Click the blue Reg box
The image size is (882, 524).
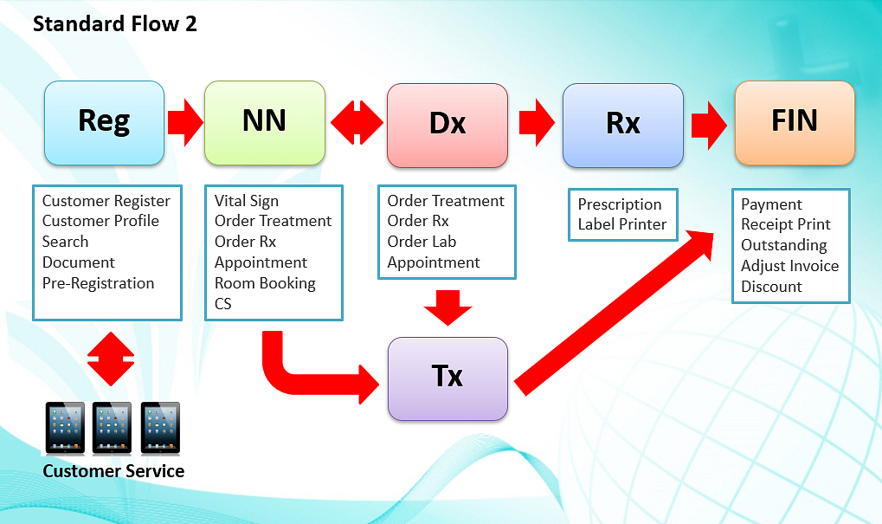click(104, 123)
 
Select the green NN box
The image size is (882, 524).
click(264, 123)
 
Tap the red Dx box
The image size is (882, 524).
click(447, 125)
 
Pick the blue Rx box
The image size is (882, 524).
click(622, 125)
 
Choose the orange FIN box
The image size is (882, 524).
click(795, 123)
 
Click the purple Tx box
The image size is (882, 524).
click(447, 378)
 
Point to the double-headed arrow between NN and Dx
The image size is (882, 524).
click(357, 122)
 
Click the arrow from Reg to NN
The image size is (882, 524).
click(185, 122)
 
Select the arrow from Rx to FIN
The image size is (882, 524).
click(709, 125)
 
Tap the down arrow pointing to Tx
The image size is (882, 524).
click(447, 307)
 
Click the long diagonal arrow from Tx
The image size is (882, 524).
click(615, 313)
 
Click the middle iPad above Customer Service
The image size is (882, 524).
click(112, 428)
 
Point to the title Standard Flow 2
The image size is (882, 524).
click(115, 24)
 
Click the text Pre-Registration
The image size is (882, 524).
click(98, 283)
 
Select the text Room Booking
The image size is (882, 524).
click(265, 283)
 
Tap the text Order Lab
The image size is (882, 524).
click(422, 242)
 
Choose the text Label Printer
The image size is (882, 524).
click(622, 224)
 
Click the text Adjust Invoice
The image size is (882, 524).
click(789, 266)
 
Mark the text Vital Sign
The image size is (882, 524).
click(247, 201)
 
